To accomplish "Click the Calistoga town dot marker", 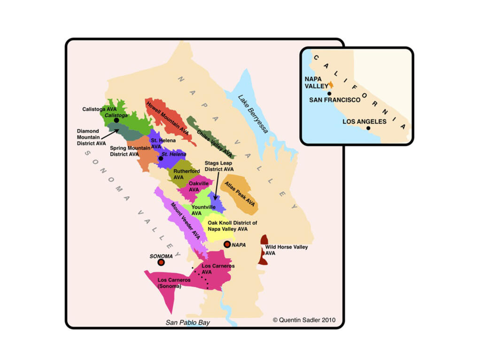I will [x=116, y=120].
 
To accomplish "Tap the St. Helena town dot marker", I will [x=161, y=159].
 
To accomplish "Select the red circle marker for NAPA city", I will [x=227, y=244].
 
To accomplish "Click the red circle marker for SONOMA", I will [x=161, y=262].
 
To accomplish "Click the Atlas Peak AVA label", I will [x=240, y=194].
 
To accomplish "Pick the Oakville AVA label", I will [x=199, y=186].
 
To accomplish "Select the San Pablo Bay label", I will [x=188, y=322].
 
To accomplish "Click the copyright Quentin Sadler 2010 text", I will [x=304, y=320].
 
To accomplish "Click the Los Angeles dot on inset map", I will [x=369, y=128].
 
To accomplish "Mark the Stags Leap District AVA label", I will [x=219, y=166].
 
